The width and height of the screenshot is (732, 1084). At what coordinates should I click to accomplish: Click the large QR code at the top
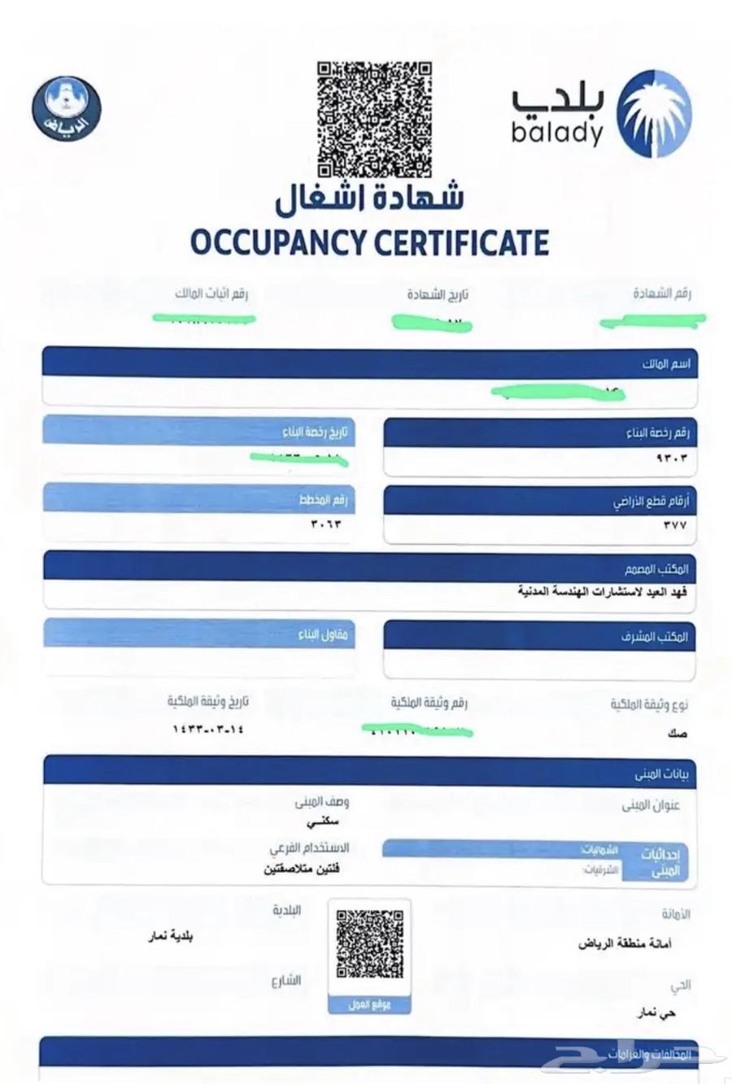373,120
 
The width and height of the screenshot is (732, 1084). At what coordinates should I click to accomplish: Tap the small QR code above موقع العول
370,944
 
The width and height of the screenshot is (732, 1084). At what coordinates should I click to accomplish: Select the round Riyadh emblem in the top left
67,108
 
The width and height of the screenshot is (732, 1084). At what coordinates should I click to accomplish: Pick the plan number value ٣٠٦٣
326,524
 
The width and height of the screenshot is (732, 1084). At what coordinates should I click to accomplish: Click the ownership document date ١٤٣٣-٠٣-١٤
207,729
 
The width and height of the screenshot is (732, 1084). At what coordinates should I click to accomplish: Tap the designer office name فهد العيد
603,591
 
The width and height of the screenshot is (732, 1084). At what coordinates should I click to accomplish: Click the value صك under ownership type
676,734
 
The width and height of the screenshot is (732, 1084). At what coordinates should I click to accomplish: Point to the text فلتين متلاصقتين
302,869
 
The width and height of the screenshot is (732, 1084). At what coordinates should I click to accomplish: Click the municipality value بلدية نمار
170,936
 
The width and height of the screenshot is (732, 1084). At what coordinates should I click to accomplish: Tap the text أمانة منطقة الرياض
625,944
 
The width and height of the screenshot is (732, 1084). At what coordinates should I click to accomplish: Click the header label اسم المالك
666,364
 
